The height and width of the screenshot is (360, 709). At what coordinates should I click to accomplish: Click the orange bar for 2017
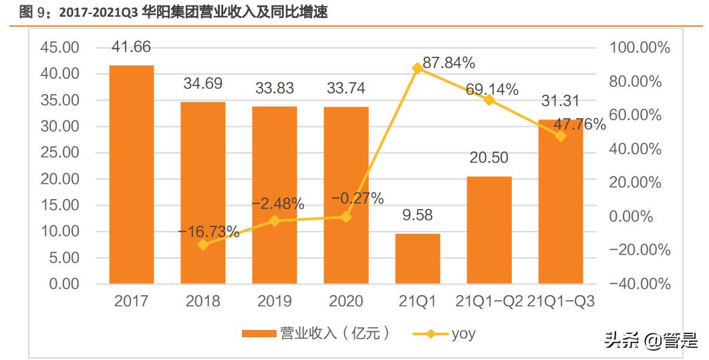pos(132,174)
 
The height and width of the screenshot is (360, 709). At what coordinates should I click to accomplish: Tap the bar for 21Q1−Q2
pos(489,230)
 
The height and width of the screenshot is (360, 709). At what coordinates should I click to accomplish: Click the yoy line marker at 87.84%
pos(418,68)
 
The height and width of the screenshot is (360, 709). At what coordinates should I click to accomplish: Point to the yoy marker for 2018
pos(203,244)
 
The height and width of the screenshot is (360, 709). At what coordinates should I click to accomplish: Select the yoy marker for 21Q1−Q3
pos(561,136)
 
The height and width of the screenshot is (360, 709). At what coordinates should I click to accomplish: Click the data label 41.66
pos(132,47)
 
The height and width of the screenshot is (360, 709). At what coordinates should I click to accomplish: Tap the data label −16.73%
pos(208,232)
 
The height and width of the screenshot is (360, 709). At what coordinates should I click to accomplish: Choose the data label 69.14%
pos(492,89)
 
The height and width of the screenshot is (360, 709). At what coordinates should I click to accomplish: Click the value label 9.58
pos(418,215)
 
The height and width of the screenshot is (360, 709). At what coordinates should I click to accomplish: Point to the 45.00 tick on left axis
pos(61,47)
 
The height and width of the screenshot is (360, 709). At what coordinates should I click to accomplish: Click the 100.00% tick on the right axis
pos(640,47)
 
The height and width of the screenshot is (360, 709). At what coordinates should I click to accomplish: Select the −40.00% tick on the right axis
pos(640,284)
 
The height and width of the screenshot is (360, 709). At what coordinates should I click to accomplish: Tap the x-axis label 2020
pos(345,301)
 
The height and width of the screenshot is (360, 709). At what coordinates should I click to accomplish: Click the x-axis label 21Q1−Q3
pos(561,301)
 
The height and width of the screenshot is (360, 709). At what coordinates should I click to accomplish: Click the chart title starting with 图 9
pos(174,11)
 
